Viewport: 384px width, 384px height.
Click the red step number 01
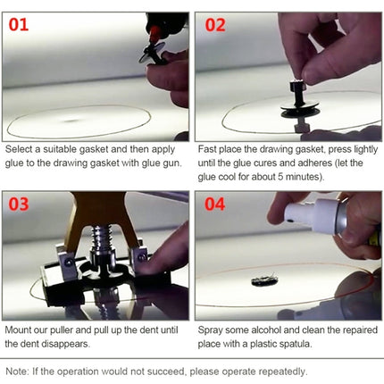(19, 24)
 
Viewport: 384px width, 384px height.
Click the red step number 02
(215, 24)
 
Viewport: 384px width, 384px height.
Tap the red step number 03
(20, 205)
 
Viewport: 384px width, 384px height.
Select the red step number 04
(215, 205)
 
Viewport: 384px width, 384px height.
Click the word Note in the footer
(16, 371)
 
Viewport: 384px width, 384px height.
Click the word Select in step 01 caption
(18, 150)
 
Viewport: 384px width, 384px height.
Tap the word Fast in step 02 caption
(208, 150)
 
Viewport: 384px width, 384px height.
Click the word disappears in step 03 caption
(86, 342)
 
